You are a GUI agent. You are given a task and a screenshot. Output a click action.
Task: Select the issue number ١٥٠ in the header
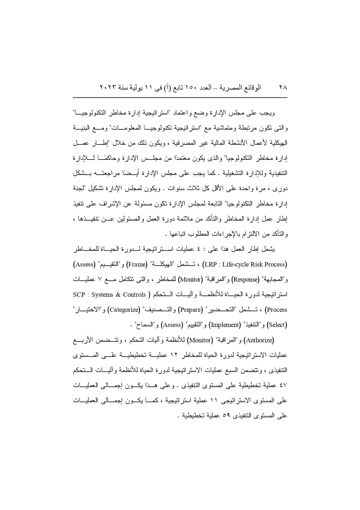[190, 87]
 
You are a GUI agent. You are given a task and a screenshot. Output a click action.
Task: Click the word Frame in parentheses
[137, 264]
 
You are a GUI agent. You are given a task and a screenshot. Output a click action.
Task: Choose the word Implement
[225, 325]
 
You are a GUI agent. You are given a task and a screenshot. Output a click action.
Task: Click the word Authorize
[260, 340]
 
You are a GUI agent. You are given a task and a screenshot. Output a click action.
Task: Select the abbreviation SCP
[79, 295]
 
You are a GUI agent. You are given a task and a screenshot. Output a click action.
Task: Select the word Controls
[134, 295]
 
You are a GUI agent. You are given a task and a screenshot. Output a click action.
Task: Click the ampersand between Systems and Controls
[118, 295]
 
